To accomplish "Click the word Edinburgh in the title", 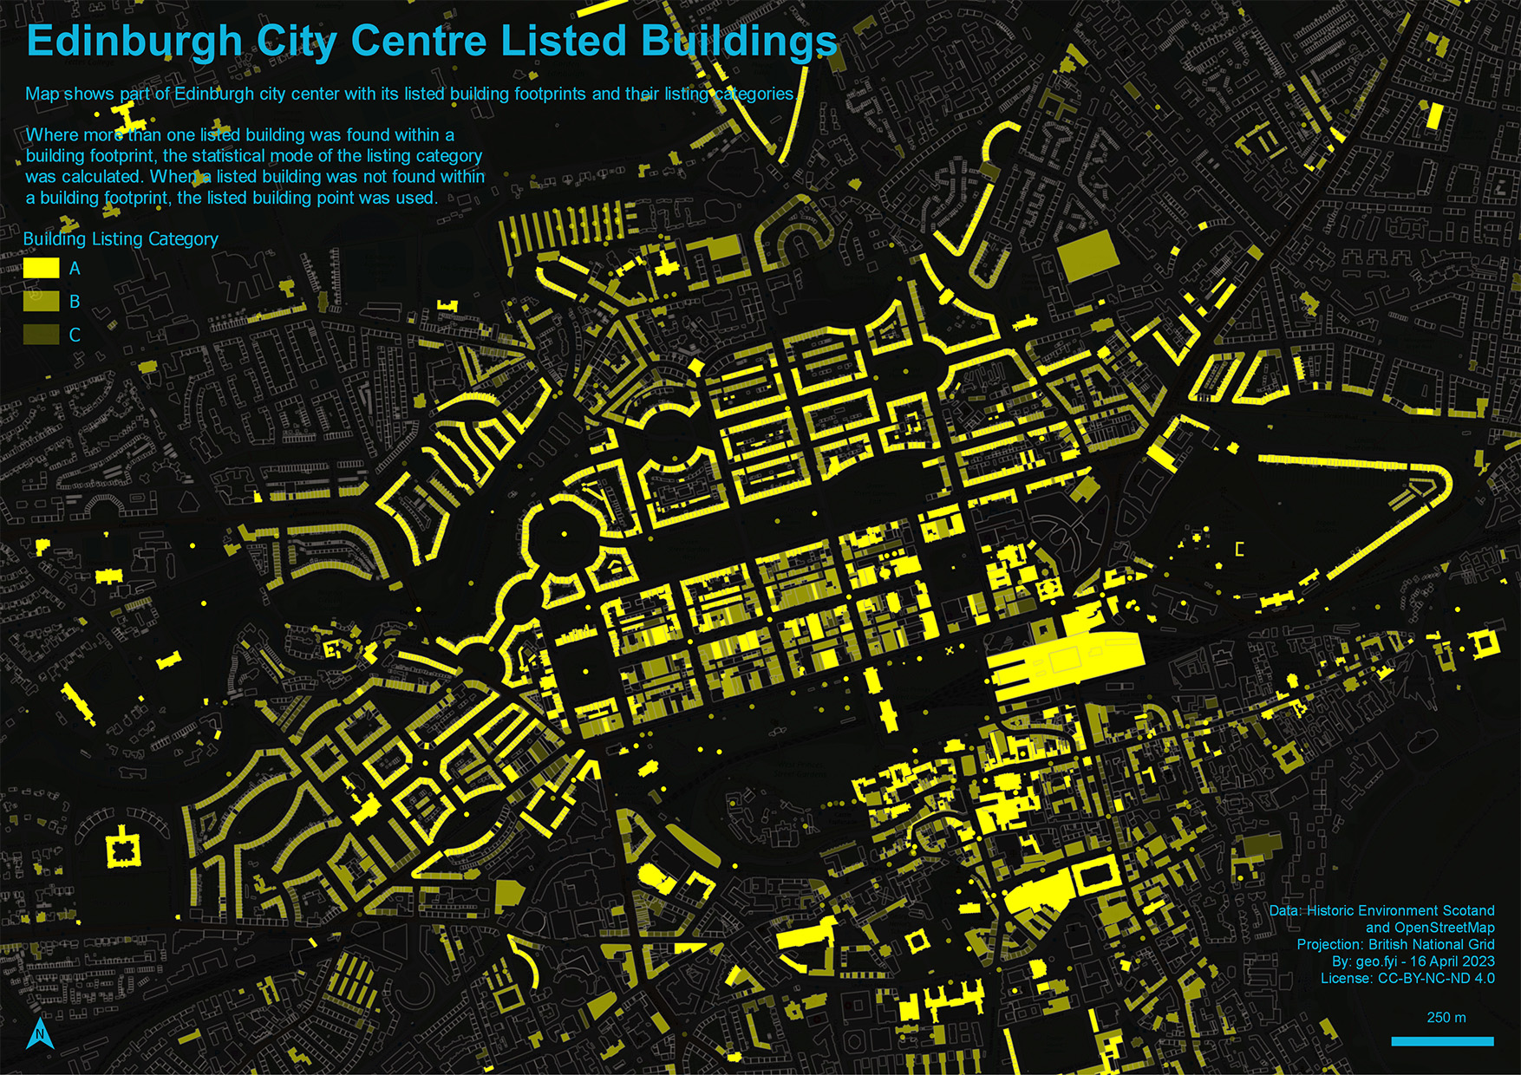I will (134, 42).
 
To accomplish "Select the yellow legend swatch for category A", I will (41, 268).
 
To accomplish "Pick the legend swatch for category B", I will (41, 301).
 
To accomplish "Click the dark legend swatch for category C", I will (41, 334).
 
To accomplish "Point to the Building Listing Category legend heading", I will (121, 239).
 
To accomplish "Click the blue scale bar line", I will (1442, 1041).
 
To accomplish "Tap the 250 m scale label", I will (1446, 1018).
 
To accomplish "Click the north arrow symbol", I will (40, 1033).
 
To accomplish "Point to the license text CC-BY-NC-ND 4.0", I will (1436, 978).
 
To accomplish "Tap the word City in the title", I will (297, 42).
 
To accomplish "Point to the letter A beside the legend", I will (75, 269).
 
